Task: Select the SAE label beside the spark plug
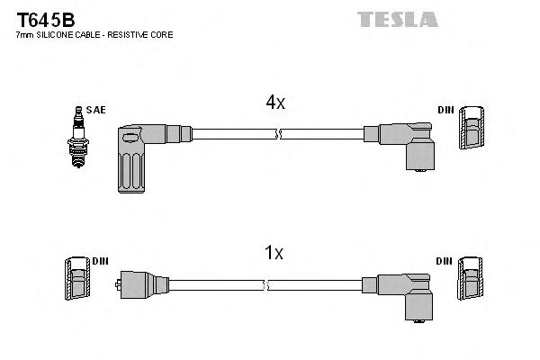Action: coord(96,110)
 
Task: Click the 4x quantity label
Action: coord(274,103)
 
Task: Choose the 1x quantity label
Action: coord(274,254)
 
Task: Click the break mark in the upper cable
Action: coord(279,134)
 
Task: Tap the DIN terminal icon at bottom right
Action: coord(472,281)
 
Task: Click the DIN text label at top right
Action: coord(445,110)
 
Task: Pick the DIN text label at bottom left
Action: coord(101,261)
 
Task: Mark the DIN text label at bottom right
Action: coord(445,261)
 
